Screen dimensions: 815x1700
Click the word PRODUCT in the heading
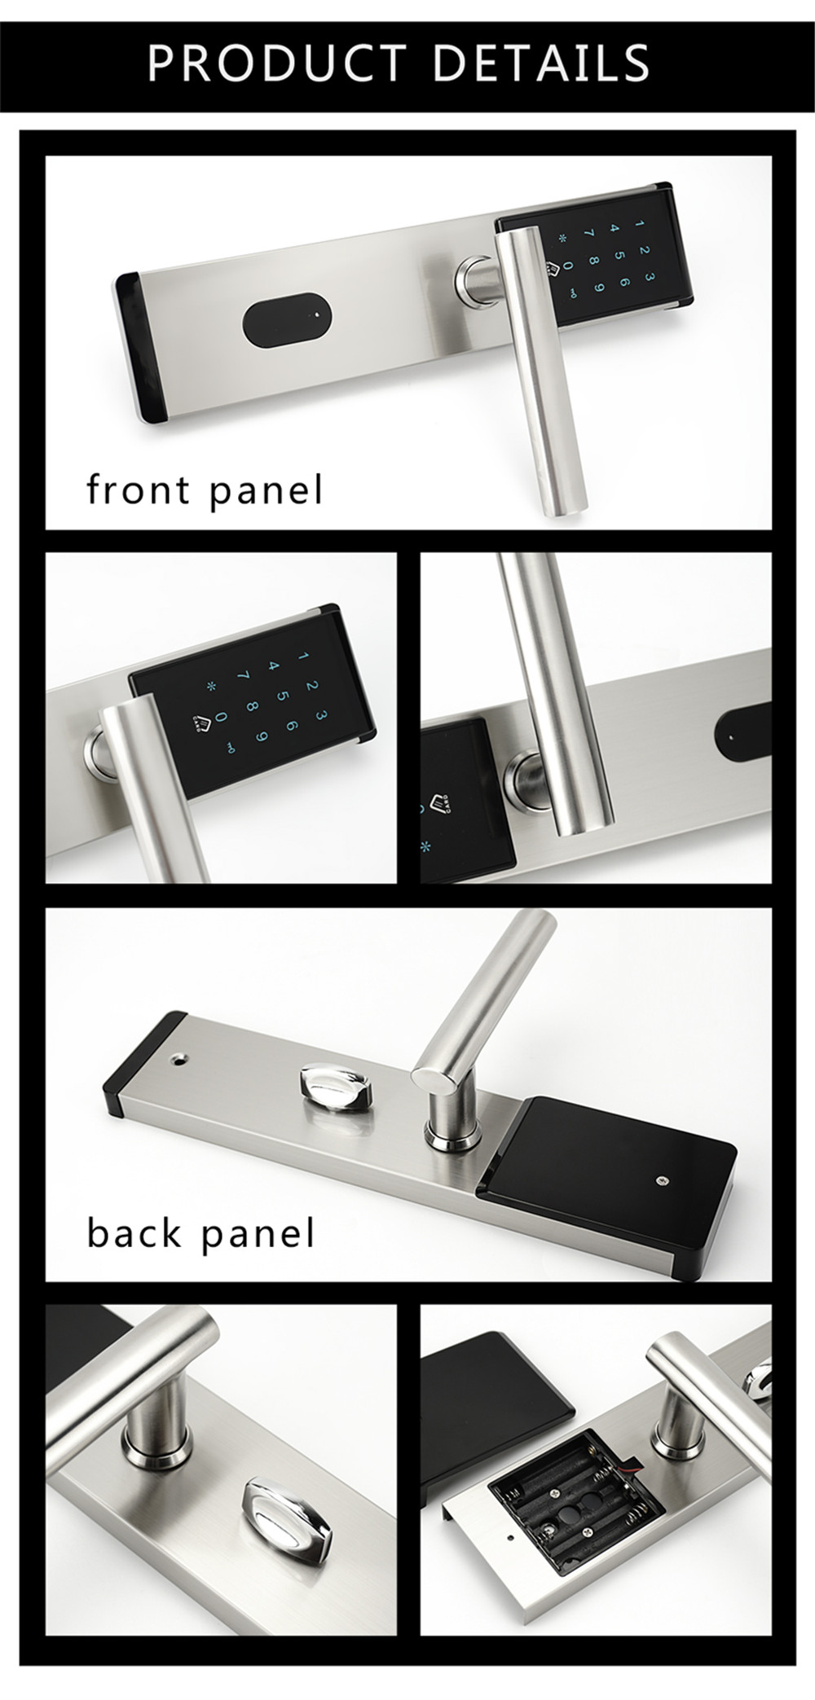tap(277, 62)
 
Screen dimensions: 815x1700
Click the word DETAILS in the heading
tap(542, 62)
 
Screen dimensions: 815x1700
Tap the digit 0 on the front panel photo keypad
tap(569, 266)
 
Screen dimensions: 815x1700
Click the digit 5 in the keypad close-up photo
tap(281, 697)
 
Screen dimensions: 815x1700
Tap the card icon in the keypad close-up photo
tap(196, 720)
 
